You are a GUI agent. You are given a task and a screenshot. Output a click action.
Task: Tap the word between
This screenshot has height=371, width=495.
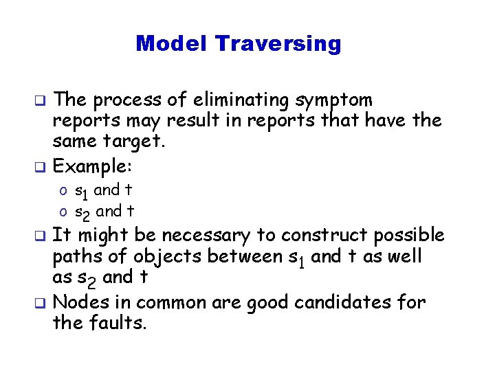click(230, 256)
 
